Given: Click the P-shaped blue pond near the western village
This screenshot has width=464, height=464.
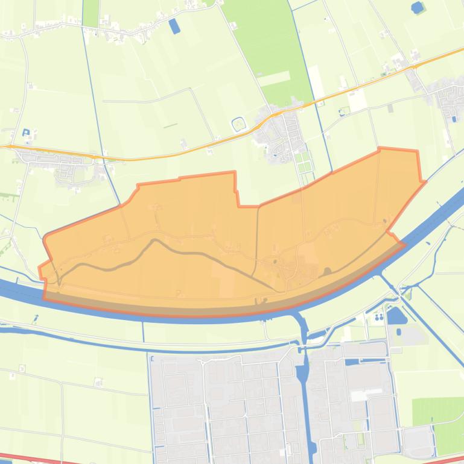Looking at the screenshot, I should [25, 133].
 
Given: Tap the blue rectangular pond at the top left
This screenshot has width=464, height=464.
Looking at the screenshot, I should [174, 26].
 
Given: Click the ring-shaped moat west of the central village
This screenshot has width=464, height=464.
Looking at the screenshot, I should [239, 124].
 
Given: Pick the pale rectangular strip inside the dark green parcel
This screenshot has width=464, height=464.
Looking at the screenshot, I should [275, 78].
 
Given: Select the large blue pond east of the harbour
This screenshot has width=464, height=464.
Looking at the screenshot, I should [396, 315].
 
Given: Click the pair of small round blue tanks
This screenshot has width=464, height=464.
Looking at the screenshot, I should [379, 316].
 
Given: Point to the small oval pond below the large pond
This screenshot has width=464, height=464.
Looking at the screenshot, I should [399, 332].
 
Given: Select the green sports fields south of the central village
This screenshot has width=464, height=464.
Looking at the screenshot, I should [303, 160].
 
